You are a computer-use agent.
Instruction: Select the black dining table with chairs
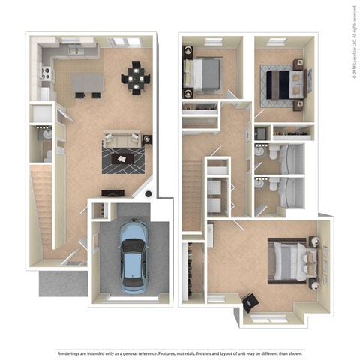coord(136,76)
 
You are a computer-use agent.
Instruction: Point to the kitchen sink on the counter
coord(76,51)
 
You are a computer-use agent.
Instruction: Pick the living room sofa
coord(122,139)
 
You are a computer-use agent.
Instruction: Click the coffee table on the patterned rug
coord(122,157)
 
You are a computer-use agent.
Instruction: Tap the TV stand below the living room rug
coord(119,190)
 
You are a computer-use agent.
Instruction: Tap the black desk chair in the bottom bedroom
coord(250,301)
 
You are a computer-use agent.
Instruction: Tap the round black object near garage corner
coord(151,194)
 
